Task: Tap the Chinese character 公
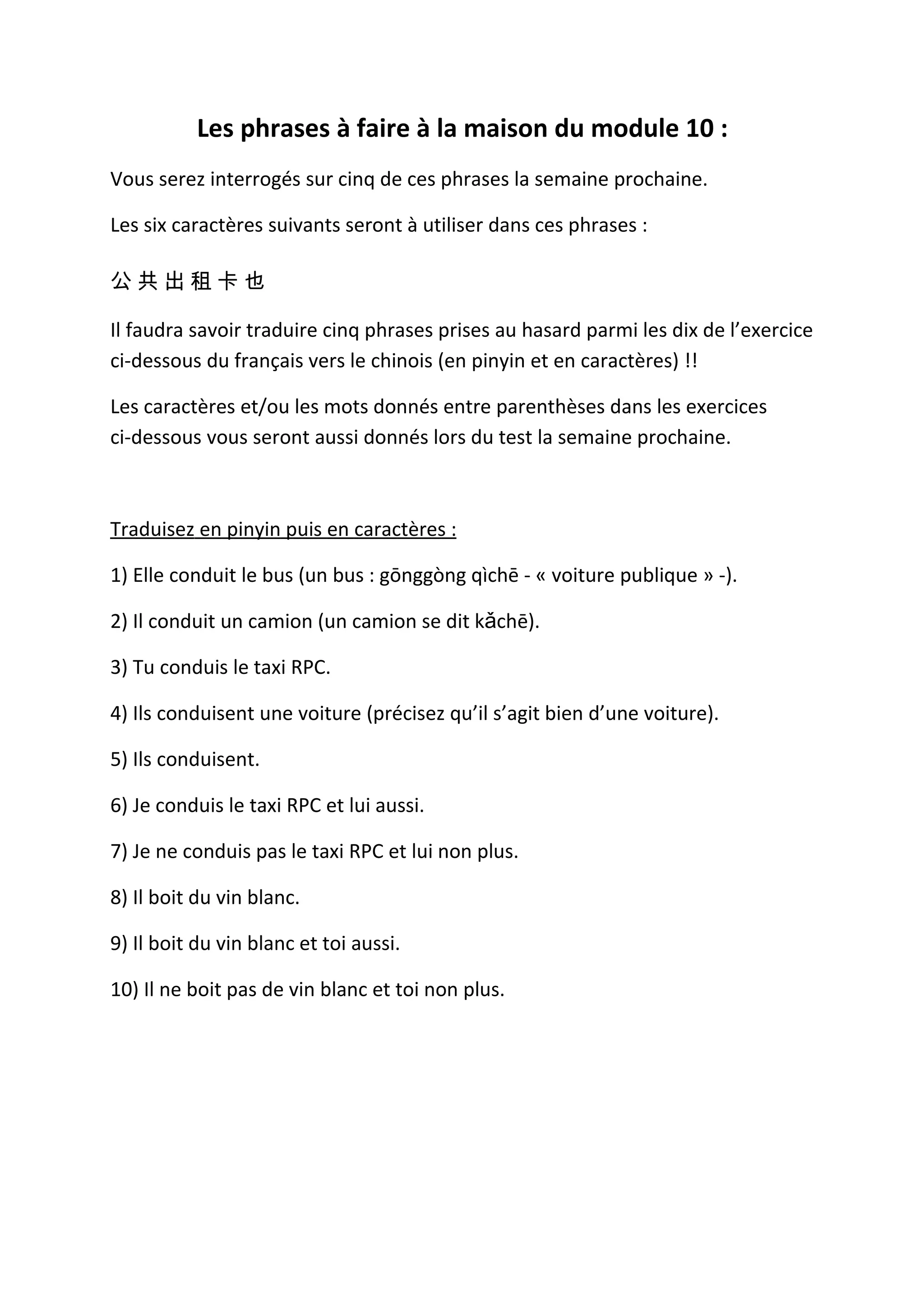[120, 281]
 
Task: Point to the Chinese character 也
[255, 281]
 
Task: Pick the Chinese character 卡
[228, 281]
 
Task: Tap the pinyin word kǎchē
[501, 621]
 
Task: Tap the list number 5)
[118, 760]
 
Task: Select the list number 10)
[124, 990]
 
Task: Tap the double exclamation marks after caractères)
[691, 361]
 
